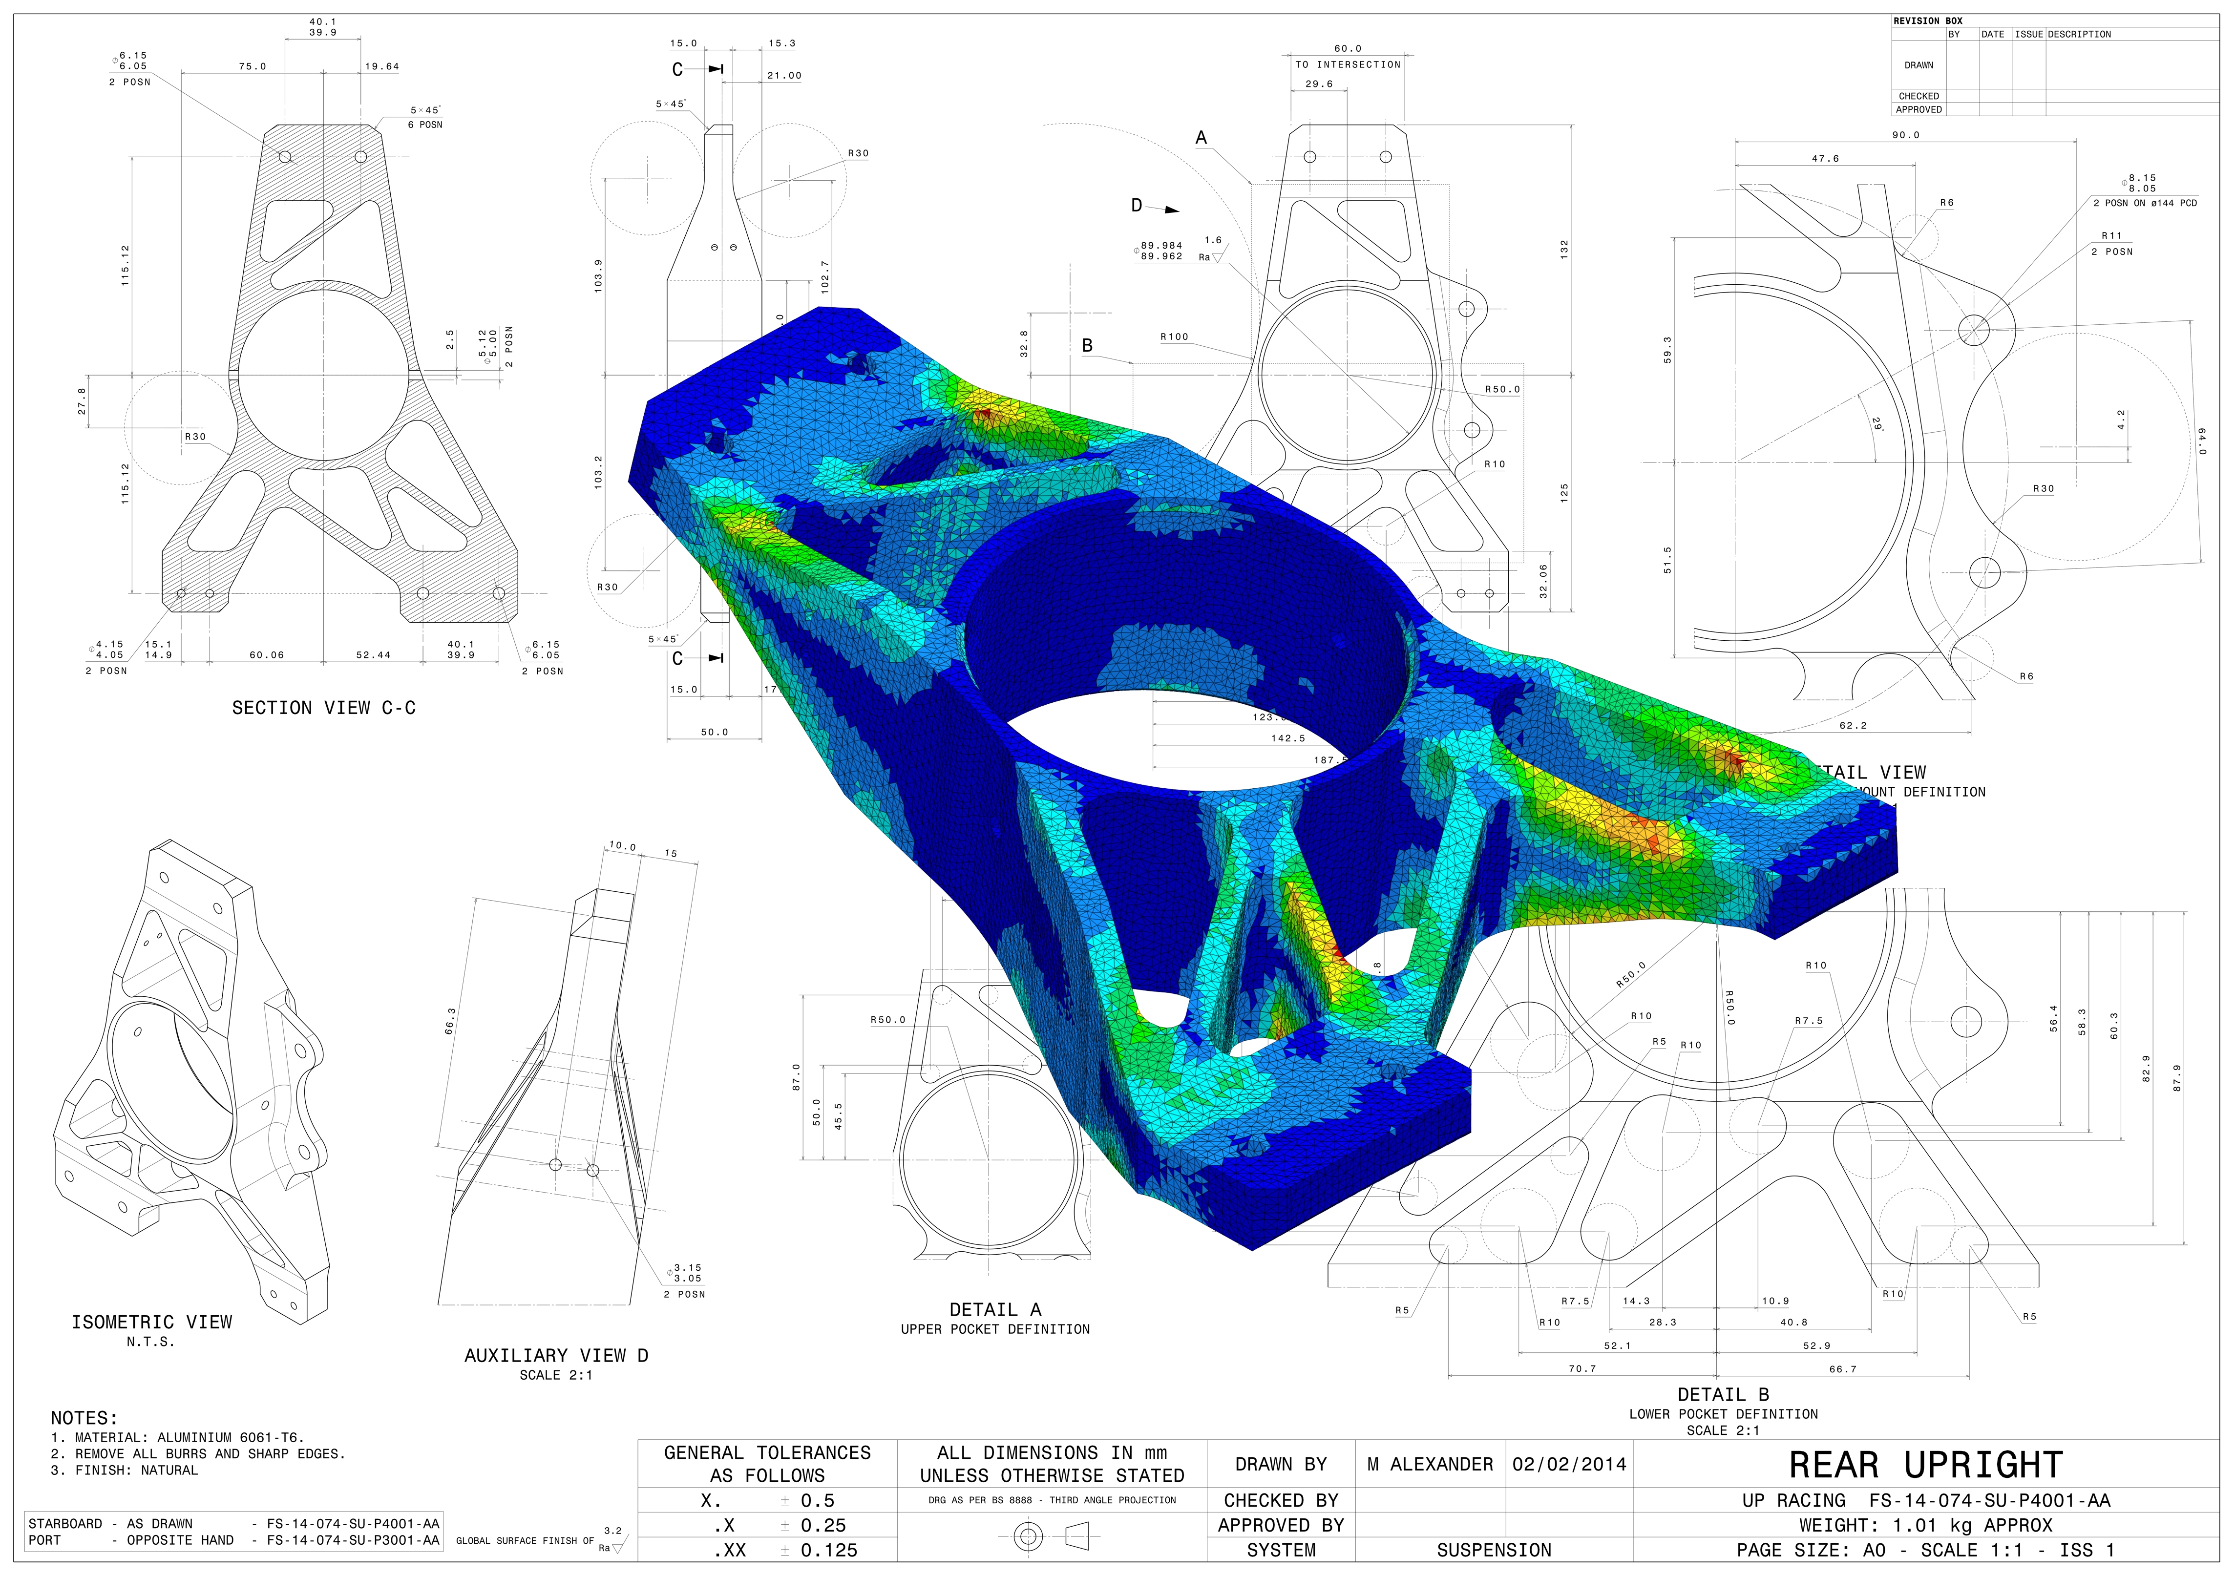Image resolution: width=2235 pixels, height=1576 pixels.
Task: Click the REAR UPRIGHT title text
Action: click(x=1925, y=1465)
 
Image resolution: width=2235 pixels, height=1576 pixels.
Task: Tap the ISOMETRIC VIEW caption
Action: click(x=152, y=1322)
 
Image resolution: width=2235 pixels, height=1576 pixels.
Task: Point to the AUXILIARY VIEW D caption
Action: click(x=556, y=1355)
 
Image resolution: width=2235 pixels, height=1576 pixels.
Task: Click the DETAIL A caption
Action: click(x=995, y=1309)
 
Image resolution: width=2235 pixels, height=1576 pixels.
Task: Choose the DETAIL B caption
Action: click(x=1723, y=1394)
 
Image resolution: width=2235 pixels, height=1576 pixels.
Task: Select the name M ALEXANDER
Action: click(x=1429, y=1464)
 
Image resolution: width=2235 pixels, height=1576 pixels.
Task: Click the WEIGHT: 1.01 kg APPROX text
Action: click(x=1925, y=1525)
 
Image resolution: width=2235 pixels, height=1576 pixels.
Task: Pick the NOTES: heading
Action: click(x=84, y=1418)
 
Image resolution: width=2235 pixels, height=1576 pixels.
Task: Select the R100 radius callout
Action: click(x=1174, y=337)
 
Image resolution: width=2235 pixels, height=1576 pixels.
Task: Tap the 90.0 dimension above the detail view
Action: click(x=1905, y=135)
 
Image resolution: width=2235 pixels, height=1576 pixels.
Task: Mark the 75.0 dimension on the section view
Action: click(x=252, y=66)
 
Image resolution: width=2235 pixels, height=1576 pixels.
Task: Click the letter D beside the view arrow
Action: click(x=1136, y=206)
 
